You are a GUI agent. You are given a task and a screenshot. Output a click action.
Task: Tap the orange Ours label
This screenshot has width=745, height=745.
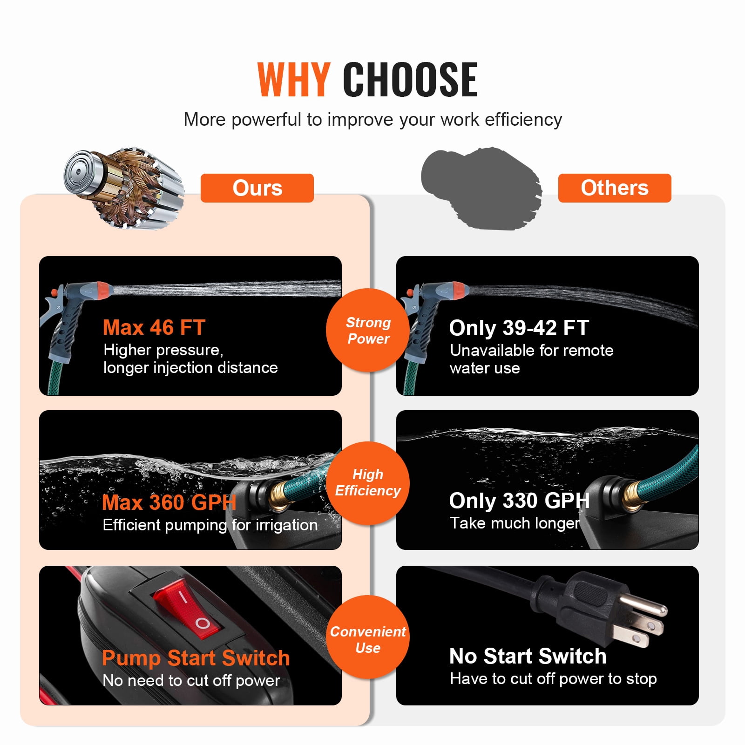pyautogui.click(x=257, y=188)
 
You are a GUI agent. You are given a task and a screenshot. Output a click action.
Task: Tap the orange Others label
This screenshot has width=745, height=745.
pyautogui.click(x=615, y=188)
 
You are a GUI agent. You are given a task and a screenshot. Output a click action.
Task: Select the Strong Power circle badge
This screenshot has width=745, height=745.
pyautogui.click(x=368, y=330)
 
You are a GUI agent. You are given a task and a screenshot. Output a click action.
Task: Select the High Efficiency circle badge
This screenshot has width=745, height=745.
pyautogui.click(x=368, y=483)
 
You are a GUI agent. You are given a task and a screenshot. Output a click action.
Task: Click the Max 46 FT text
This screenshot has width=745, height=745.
pyautogui.click(x=154, y=328)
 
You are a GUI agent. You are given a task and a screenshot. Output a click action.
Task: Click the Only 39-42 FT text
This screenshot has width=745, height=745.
pyautogui.click(x=519, y=328)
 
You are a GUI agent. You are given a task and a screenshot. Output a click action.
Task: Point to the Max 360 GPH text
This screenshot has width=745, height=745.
pyautogui.click(x=169, y=502)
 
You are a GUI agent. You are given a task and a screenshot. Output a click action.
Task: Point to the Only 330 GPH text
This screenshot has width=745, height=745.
pyautogui.click(x=519, y=501)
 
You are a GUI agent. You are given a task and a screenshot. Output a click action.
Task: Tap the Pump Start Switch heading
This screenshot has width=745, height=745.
pyautogui.click(x=196, y=658)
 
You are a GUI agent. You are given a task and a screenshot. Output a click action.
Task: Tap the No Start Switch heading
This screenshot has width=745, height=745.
pyautogui.click(x=528, y=656)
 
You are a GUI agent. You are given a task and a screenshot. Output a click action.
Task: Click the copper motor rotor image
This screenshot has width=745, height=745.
pyautogui.click(x=124, y=189)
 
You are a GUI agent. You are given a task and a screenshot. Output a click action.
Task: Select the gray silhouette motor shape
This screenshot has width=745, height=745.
pyautogui.click(x=481, y=189)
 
